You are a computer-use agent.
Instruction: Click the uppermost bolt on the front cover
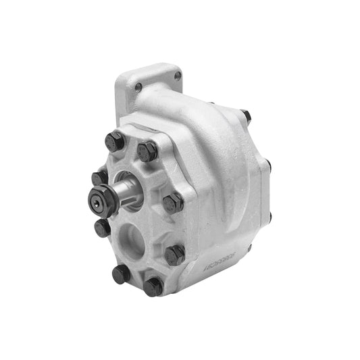tap(114, 141)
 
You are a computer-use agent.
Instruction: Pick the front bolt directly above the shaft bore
tap(147, 150)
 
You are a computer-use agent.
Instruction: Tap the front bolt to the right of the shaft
tap(173, 202)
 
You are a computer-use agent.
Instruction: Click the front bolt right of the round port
tap(174, 254)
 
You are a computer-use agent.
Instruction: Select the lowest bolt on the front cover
tap(153, 286)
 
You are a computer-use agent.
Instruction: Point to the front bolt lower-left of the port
tap(122, 273)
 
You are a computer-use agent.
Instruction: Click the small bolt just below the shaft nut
tap(103, 228)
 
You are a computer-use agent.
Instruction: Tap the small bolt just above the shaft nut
tap(100, 178)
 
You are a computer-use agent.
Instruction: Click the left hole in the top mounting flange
tap(138, 86)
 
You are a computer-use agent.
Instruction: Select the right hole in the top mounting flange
tap(178, 76)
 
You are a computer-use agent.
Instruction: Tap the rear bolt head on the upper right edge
tap(267, 164)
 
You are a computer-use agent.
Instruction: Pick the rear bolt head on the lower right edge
tap(269, 217)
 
